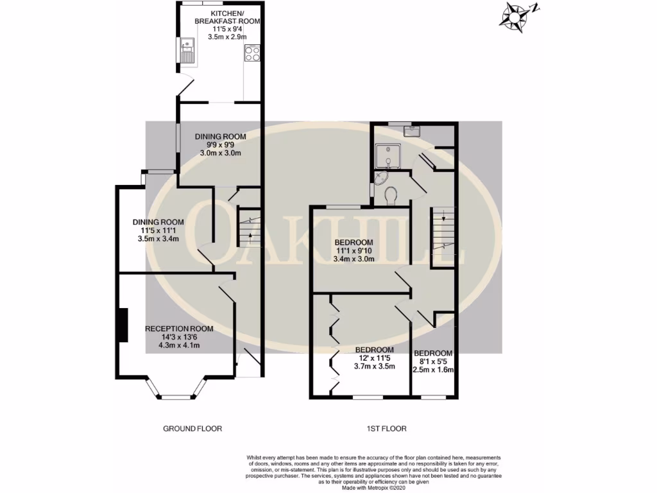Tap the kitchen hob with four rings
tap(252, 54)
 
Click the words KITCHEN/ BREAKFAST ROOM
tap(227, 17)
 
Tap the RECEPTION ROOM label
tap(179, 329)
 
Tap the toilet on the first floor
tap(390, 193)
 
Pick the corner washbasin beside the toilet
tap(382, 178)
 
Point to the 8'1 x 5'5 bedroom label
tap(433, 361)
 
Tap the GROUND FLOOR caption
tap(192, 429)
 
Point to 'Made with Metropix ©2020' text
tap(375, 487)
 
